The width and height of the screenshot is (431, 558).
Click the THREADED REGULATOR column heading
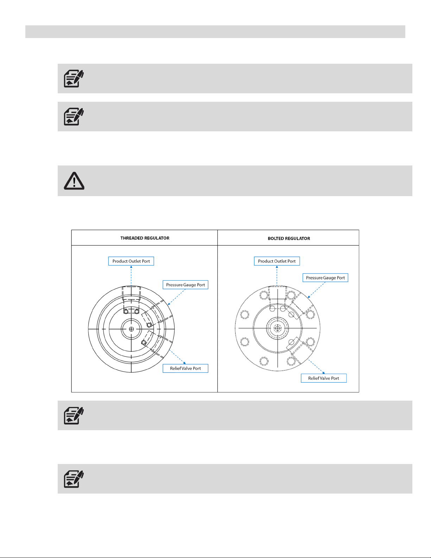[x=145, y=238]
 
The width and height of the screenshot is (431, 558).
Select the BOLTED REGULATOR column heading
[x=289, y=238]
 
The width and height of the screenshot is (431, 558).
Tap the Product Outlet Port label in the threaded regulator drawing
[x=131, y=261]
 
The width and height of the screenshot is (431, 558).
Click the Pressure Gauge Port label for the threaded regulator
[x=185, y=285]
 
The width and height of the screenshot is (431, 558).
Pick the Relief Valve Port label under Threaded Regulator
[x=185, y=368]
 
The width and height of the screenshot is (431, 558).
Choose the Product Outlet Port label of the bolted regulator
[x=277, y=261]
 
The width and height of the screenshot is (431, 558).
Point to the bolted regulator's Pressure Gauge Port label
[x=325, y=278]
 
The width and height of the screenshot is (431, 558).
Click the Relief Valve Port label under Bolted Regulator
[x=324, y=378]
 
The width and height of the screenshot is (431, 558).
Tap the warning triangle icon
[x=74, y=181]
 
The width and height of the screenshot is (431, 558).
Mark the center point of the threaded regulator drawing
[x=131, y=329]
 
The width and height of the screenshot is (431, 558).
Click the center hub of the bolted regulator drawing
[x=277, y=328]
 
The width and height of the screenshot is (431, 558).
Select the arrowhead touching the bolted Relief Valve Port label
[x=323, y=372]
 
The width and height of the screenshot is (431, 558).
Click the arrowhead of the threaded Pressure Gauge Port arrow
[x=169, y=304]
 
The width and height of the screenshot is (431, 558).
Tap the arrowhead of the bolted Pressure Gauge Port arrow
[x=309, y=297]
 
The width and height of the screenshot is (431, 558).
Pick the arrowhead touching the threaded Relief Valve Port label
[x=184, y=363]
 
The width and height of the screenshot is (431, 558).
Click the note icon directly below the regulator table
[x=74, y=415]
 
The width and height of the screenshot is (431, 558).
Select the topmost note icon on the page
[x=74, y=78]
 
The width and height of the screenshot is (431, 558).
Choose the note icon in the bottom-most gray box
[x=74, y=479]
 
